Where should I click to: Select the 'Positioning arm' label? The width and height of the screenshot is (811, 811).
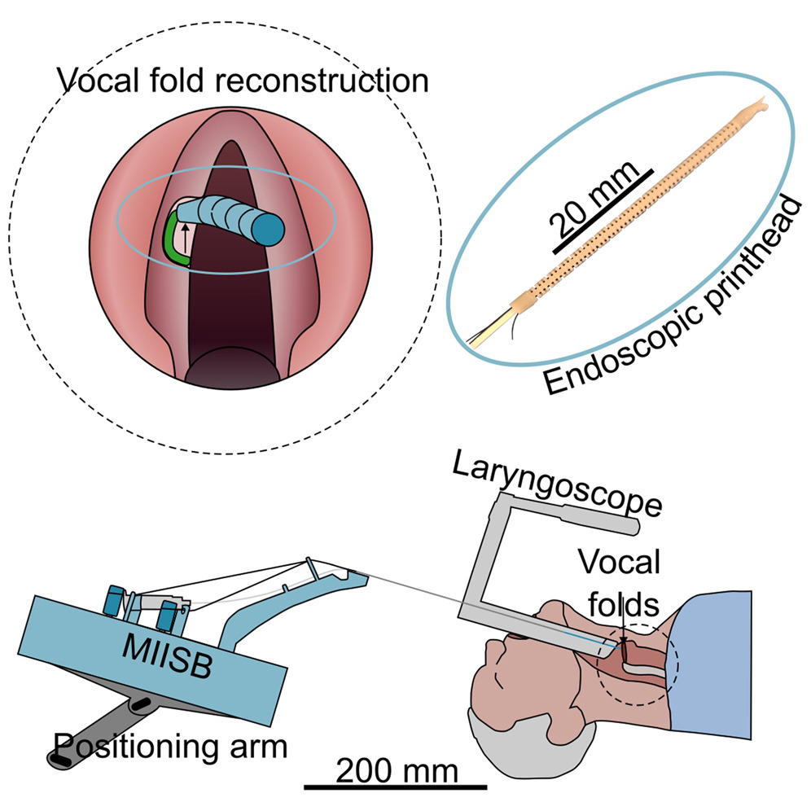[x=171, y=743]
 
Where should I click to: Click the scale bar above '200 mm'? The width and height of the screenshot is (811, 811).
[x=396, y=787]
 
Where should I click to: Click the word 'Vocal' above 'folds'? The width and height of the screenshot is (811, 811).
[x=620, y=562]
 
